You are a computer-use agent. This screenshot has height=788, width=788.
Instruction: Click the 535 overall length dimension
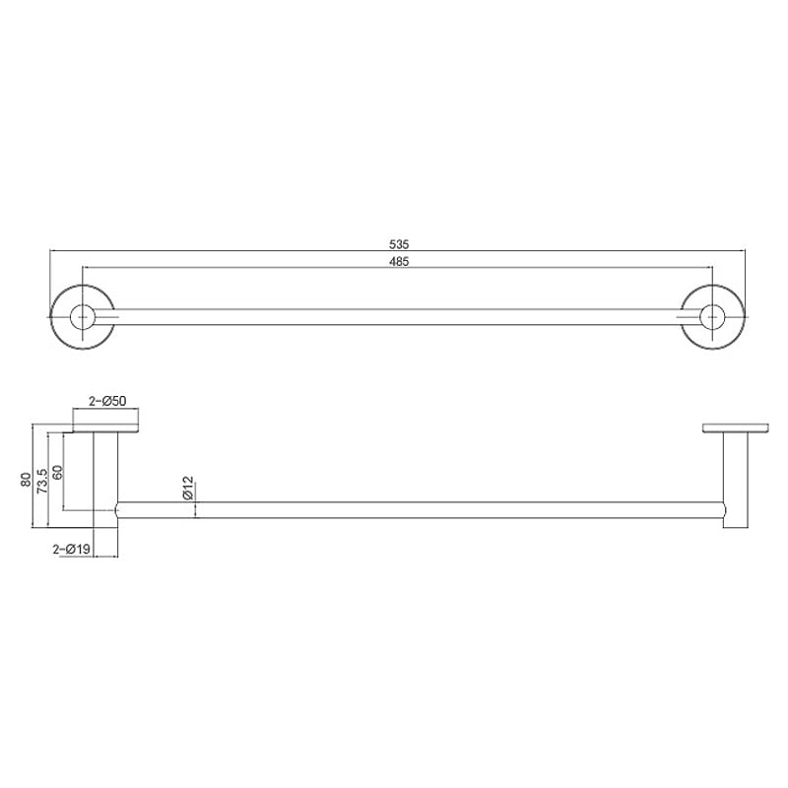point(399,244)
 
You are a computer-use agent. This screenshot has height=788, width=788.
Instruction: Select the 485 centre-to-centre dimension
point(399,261)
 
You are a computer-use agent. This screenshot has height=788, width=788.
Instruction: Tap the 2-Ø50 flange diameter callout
point(107,401)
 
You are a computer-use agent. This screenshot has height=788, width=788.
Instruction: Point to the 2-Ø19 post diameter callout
point(71,550)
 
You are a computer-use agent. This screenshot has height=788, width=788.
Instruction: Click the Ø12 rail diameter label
point(188,488)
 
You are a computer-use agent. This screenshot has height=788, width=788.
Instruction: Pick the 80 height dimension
point(26,479)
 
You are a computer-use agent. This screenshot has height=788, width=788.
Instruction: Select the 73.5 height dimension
point(42,481)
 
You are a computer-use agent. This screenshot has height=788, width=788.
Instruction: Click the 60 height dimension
point(58,473)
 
